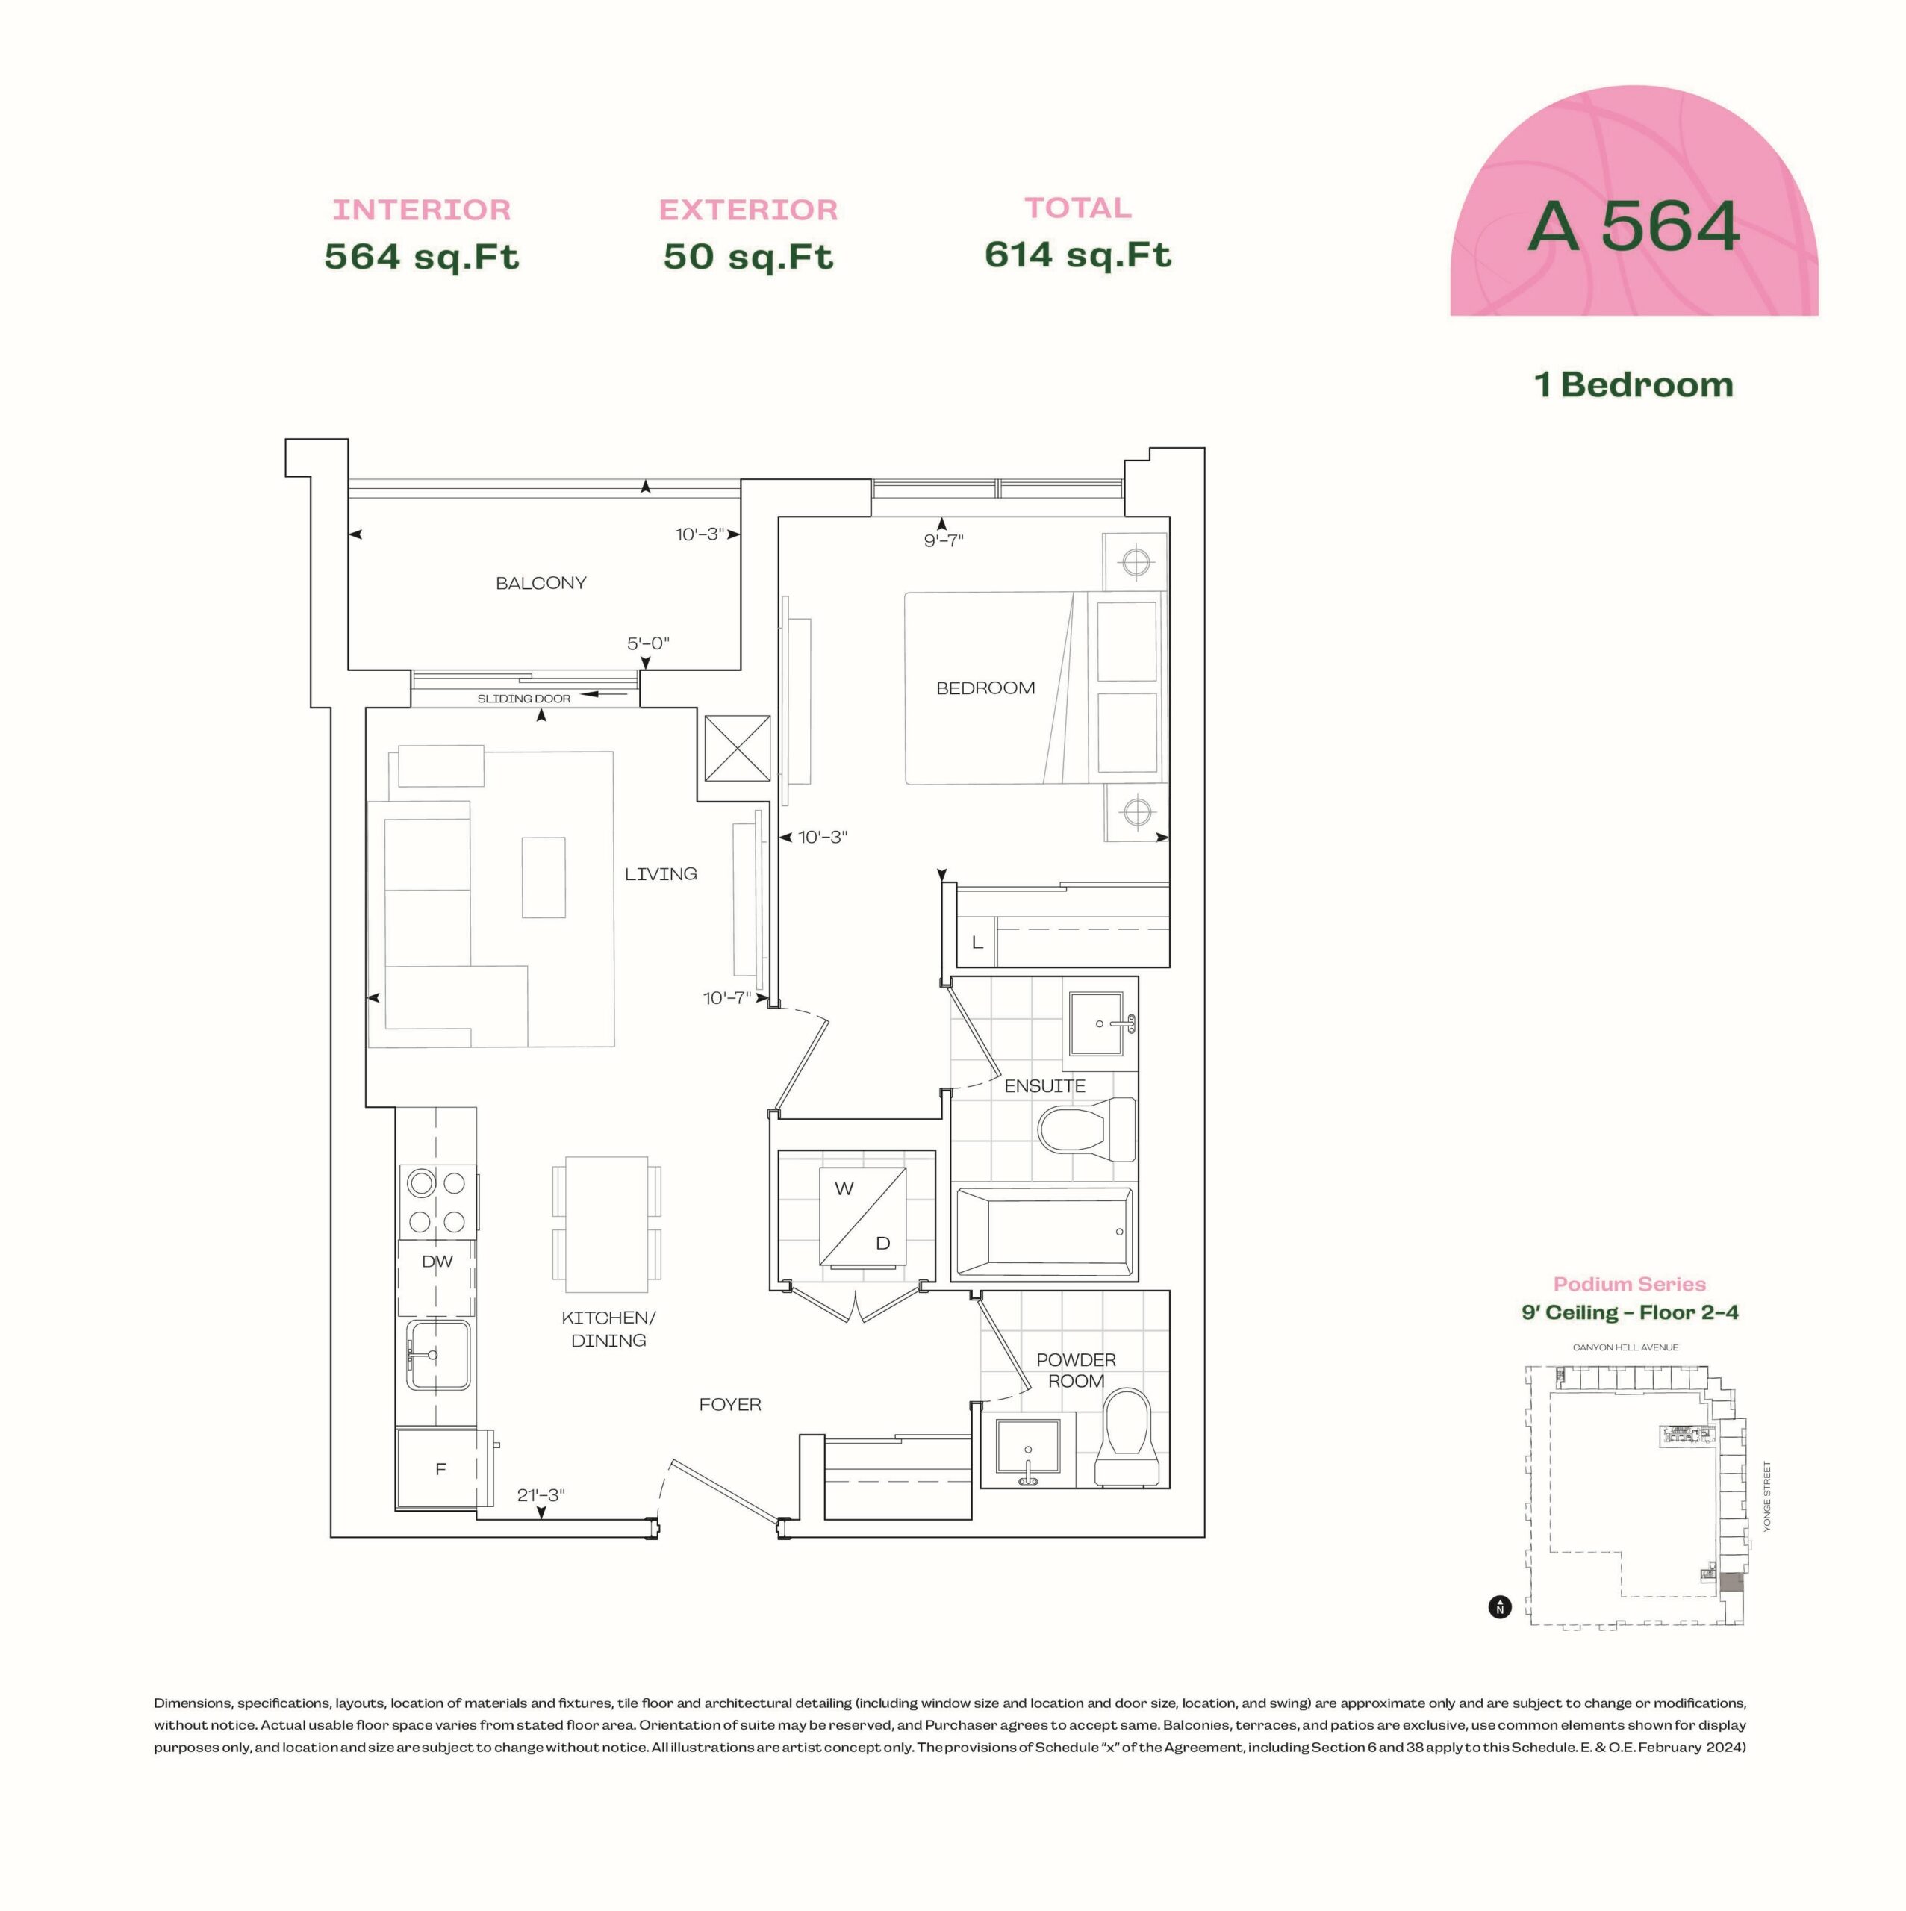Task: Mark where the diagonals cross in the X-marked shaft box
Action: pyautogui.click(x=737, y=749)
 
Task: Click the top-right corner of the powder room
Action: pyautogui.click(x=1170, y=1291)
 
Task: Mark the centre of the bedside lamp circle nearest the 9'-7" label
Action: pyautogui.click(x=1136, y=562)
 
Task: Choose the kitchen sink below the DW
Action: pyautogui.click(x=438, y=1354)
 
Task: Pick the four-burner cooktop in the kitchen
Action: pyautogui.click(x=438, y=1202)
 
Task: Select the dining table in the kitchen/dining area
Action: pyautogui.click(x=606, y=1224)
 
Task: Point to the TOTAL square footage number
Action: pyautogui.click(x=1077, y=255)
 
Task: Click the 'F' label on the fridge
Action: pyautogui.click(x=440, y=1470)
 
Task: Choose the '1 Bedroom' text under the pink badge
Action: pyautogui.click(x=1633, y=384)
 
